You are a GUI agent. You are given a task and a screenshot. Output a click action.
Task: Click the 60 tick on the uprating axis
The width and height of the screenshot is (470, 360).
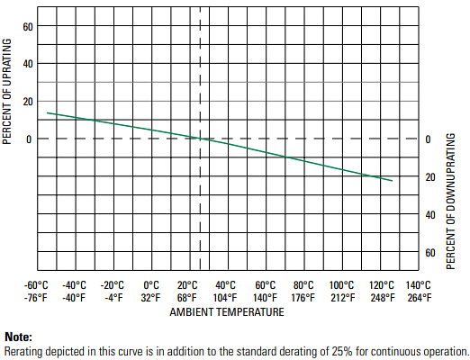coord(28,26)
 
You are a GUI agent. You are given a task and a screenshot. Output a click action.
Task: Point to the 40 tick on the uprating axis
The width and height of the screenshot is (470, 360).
coord(28,64)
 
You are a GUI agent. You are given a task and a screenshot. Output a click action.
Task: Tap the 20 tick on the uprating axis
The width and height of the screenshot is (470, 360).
coord(28,102)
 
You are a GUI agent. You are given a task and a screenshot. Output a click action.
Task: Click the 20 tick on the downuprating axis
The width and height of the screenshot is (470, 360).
coord(429,177)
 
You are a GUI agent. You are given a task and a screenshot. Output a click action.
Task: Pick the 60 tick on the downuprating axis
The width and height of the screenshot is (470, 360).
coord(429,253)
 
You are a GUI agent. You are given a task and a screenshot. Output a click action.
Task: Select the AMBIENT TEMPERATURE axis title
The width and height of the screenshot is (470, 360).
coord(227,312)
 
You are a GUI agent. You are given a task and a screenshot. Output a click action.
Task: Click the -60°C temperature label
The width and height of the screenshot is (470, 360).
coord(37,285)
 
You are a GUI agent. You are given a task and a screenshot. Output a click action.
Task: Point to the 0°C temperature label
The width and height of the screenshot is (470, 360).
coord(151,285)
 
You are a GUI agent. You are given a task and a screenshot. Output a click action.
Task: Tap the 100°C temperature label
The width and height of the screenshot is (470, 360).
coord(341,285)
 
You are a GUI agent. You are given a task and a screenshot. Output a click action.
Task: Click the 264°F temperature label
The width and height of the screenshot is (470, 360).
coord(419,298)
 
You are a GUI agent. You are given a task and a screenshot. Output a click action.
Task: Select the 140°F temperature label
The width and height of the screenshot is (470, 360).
coord(265,298)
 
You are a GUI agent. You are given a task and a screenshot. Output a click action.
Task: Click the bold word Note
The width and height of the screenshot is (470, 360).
coord(18,337)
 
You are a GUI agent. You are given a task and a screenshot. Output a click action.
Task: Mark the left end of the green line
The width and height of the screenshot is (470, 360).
coord(47,112)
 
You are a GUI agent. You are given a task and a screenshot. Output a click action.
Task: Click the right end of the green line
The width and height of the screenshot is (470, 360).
coord(393,181)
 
